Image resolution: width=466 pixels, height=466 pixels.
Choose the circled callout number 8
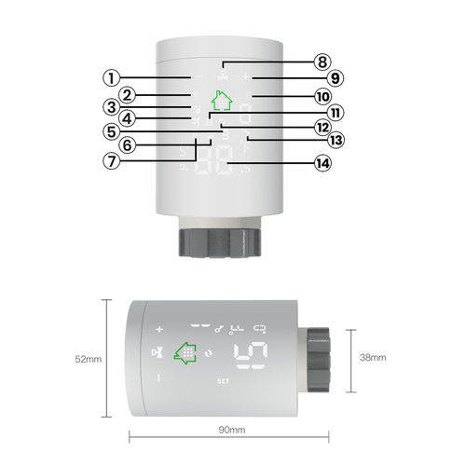[x=322, y=62]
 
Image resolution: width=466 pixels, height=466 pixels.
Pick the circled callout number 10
[x=322, y=96]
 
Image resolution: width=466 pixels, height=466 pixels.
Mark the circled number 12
[x=322, y=125]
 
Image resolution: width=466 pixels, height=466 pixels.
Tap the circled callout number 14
[x=322, y=162]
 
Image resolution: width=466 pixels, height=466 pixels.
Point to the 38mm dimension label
[x=372, y=357]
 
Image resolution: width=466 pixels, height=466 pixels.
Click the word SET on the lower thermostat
[x=222, y=380]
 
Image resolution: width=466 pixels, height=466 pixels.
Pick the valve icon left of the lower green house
[x=158, y=353]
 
